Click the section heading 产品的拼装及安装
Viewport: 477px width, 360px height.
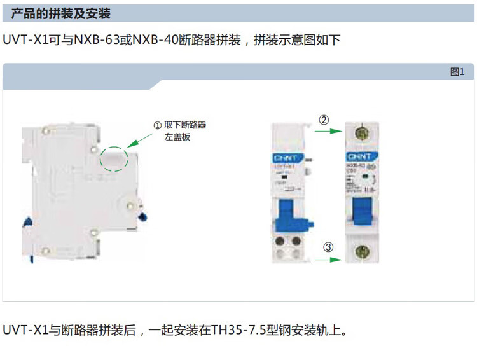click(61, 13)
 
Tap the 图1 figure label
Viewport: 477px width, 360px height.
click(457, 72)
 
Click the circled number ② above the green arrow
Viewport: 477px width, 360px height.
click(324, 120)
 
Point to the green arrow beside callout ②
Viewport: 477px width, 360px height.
click(328, 132)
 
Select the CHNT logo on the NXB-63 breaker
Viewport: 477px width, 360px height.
click(359, 156)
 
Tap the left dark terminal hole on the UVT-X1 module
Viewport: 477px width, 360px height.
click(280, 242)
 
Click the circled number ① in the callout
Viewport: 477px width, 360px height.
click(157, 125)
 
